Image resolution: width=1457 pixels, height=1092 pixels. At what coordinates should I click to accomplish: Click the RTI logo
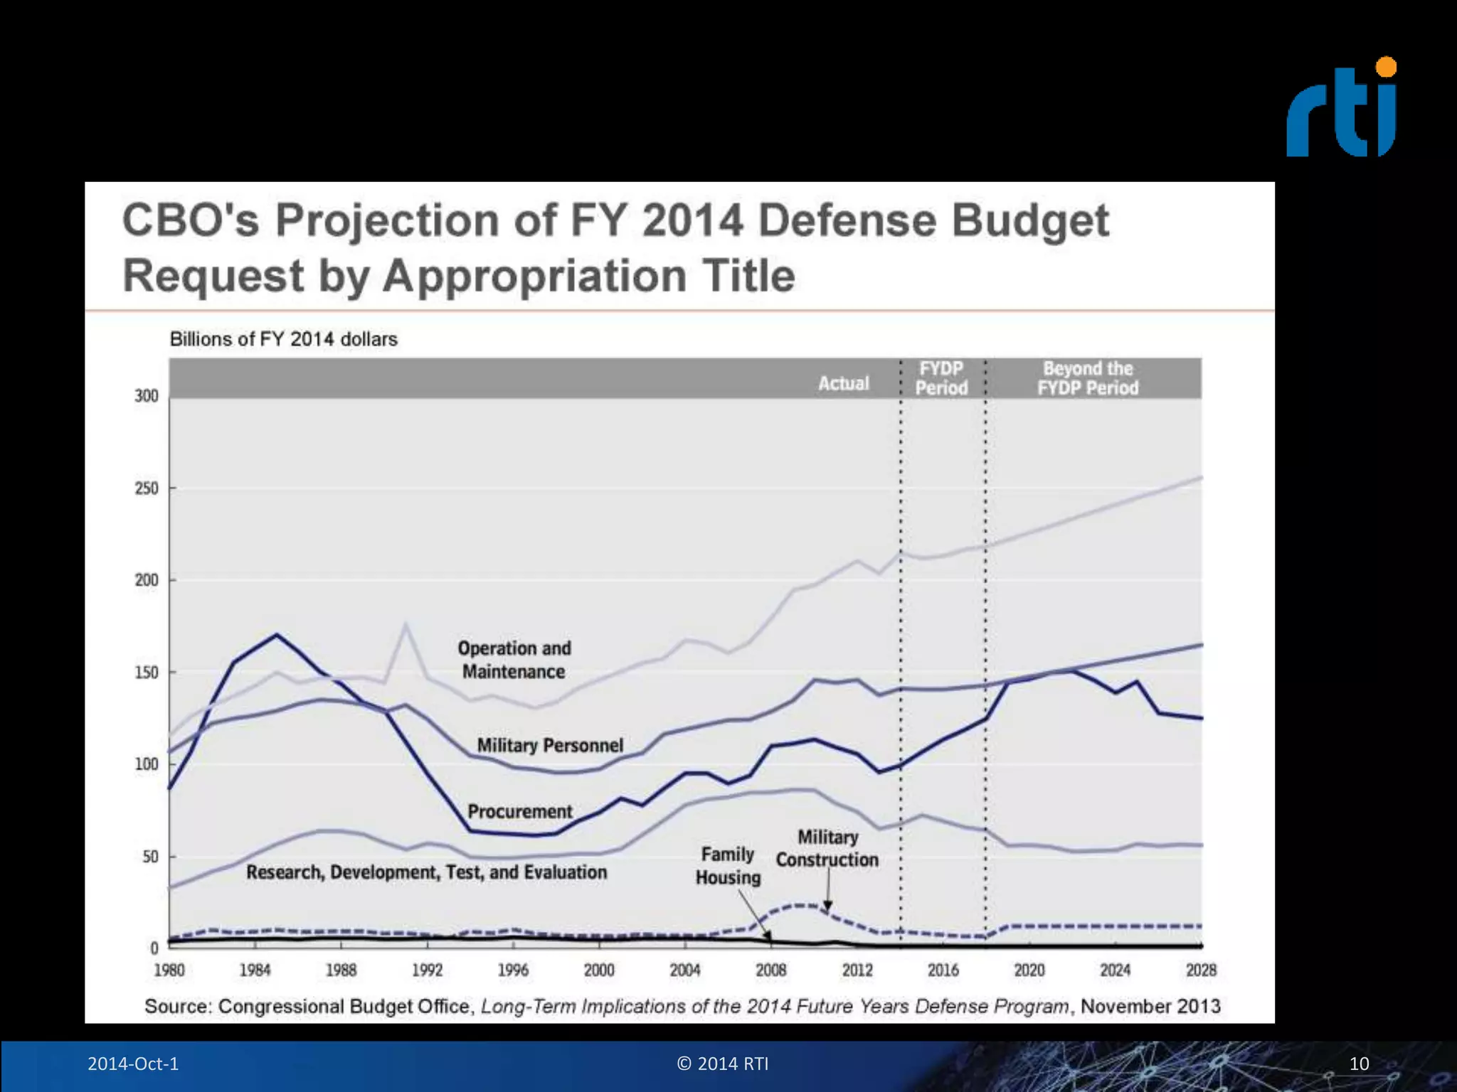(x=1341, y=109)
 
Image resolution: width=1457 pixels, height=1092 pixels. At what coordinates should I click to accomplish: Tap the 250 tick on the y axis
(x=147, y=488)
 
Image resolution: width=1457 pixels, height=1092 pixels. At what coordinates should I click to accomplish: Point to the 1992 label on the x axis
(x=427, y=970)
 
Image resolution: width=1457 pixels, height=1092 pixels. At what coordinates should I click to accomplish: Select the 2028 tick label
(x=1201, y=970)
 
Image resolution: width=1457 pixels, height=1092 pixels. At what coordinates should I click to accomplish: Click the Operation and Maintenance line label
(x=514, y=660)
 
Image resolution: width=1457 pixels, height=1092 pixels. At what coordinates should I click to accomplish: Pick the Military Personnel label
(x=550, y=745)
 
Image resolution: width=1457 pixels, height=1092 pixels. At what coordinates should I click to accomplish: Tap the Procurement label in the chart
(x=520, y=812)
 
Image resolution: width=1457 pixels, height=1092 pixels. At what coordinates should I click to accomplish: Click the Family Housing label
(x=728, y=866)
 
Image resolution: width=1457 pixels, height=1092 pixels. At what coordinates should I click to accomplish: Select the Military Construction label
(x=827, y=848)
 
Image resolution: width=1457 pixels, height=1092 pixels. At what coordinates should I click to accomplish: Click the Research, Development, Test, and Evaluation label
(x=427, y=872)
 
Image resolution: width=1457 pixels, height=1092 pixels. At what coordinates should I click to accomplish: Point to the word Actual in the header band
(x=844, y=384)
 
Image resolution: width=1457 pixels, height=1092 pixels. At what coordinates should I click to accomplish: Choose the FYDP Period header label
(x=941, y=378)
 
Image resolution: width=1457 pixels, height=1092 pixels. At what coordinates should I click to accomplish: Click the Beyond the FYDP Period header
(x=1088, y=378)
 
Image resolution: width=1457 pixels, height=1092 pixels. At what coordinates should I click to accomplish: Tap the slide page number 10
(x=1359, y=1064)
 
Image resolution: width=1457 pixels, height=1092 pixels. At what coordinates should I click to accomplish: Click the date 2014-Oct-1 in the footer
(x=133, y=1064)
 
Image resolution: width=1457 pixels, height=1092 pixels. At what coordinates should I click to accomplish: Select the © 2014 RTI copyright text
(x=723, y=1064)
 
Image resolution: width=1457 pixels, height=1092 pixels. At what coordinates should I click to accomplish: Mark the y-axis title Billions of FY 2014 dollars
(x=283, y=339)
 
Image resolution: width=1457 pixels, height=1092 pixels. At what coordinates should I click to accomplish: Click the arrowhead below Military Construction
(x=827, y=906)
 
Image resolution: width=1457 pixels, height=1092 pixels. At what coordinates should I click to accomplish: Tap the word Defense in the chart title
(x=849, y=220)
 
